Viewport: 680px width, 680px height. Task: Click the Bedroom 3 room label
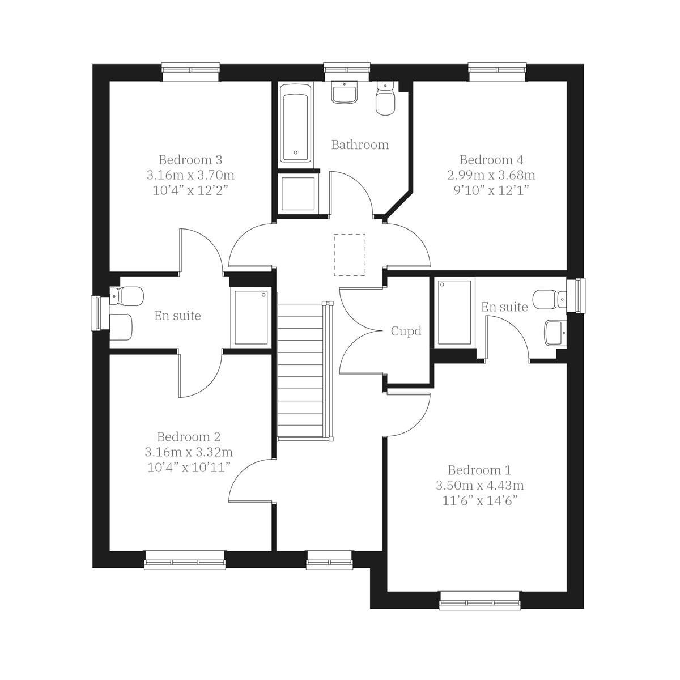click(190, 160)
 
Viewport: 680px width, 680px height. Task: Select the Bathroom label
click(360, 145)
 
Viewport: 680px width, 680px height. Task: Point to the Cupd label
click(406, 331)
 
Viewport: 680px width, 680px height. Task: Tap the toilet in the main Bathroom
click(385, 101)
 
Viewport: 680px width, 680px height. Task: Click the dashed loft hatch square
click(350, 255)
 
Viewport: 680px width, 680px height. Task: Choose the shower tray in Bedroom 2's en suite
click(251, 317)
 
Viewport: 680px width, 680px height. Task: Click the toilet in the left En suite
click(126, 296)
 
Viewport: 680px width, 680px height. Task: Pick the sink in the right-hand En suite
click(554, 333)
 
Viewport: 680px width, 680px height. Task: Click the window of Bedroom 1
click(479, 601)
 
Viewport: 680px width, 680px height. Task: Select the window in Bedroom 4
click(498, 71)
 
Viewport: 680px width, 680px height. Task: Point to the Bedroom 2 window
click(185, 560)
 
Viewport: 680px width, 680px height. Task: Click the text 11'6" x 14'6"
click(479, 501)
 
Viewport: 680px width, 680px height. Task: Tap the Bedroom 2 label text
click(189, 437)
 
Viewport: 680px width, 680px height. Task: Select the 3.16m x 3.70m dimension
click(190, 175)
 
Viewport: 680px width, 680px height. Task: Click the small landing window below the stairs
click(329, 560)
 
